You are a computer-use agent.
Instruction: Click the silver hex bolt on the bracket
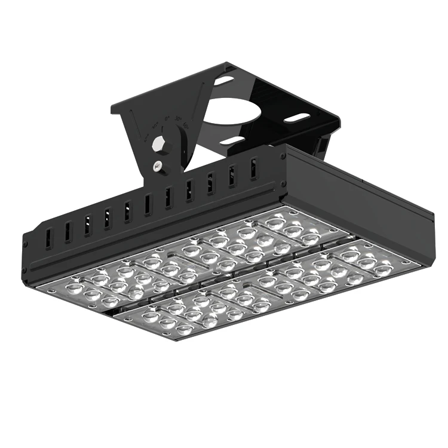pos(161,145)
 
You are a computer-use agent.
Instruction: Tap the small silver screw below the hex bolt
pos(157,167)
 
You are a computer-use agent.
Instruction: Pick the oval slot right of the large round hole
pos(296,118)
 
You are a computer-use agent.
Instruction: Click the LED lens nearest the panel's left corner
pos(73,289)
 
